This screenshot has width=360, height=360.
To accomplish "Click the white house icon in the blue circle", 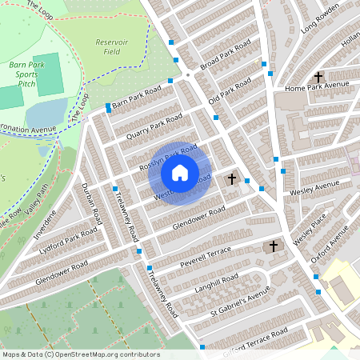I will (x=180, y=172).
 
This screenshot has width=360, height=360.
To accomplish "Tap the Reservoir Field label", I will (x=112, y=46).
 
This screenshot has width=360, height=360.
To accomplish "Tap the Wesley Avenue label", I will (x=315, y=190).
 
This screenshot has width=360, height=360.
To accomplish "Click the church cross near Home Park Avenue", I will (x=318, y=75).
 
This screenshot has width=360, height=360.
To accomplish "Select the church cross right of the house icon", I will (x=232, y=178).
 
